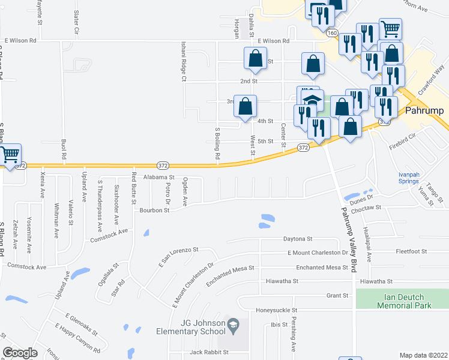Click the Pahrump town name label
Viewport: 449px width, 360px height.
coord(424,112)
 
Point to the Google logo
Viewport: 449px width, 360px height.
coord(20,353)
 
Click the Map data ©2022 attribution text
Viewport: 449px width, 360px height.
coord(423,355)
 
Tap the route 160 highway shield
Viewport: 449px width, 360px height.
coord(332,34)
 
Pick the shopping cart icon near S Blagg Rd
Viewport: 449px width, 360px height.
coord(10,154)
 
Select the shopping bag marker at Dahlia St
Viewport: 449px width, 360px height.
coord(255,58)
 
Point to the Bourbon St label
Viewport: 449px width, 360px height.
coord(155,211)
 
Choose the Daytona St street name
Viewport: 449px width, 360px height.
coord(298,239)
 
